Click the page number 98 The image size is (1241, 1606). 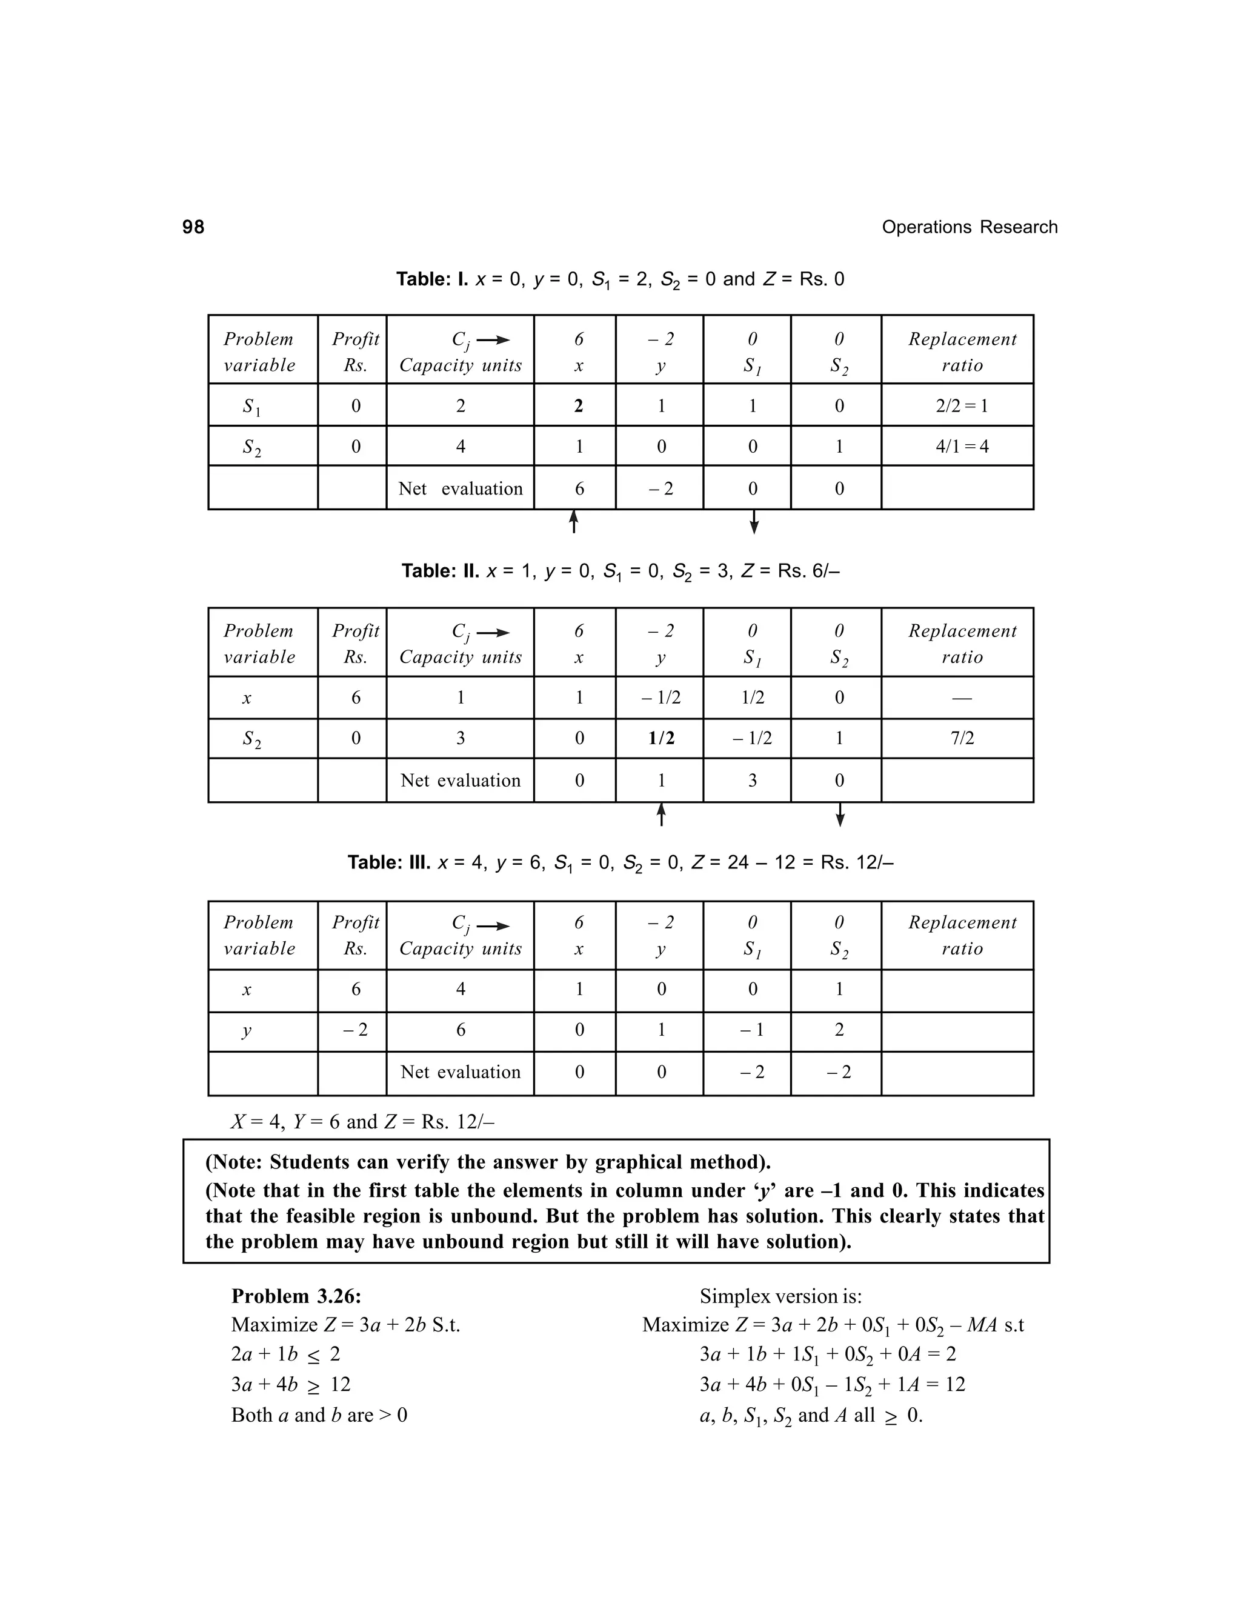pyautogui.click(x=193, y=227)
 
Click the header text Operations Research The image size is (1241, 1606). pyautogui.click(x=969, y=227)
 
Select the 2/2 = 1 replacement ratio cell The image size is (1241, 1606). pyautogui.click(x=961, y=406)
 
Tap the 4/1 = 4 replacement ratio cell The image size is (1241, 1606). pyautogui.click(x=961, y=447)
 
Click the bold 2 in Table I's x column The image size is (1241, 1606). pyautogui.click(x=579, y=406)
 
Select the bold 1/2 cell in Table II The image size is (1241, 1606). pyautogui.click(x=661, y=738)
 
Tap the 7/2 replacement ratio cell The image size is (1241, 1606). pyautogui.click(x=962, y=738)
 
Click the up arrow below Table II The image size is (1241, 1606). pyautogui.click(x=661, y=814)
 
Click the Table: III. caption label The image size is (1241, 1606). pyautogui.click(x=389, y=862)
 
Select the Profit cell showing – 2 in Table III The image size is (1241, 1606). pyautogui.click(x=355, y=1030)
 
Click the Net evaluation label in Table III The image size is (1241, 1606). pyautogui.click(x=461, y=1072)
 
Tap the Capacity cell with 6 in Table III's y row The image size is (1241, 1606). pyautogui.click(x=461, y=1030)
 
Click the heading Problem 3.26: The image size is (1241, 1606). pyautogui.click(x=296, y=1296)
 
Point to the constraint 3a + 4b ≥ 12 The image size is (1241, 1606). pyautogui.click(x=290, y=1385)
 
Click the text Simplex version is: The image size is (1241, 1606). pyautogui.click(x=780, y=1296)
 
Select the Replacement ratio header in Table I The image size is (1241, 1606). pyautogui.click(x=962, y=352)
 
